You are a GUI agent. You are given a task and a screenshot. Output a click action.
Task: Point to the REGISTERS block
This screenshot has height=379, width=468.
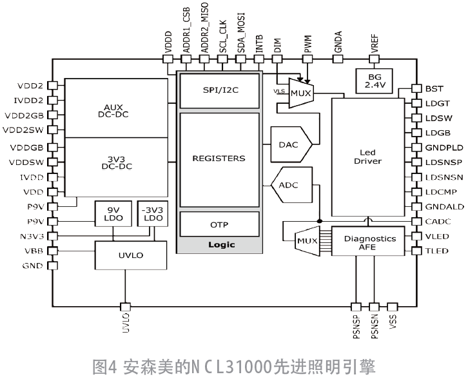[219, 158]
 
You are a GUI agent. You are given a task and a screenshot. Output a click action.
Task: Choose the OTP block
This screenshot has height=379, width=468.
[220, 224]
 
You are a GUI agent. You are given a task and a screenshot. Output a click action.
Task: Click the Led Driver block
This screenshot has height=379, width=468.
[368, 157]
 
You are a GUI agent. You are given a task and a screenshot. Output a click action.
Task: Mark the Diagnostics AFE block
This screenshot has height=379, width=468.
[369, 242]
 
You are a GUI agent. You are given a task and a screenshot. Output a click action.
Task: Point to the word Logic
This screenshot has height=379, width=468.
[222, 244]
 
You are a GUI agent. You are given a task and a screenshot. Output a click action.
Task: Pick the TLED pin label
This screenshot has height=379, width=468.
[437, 251]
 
